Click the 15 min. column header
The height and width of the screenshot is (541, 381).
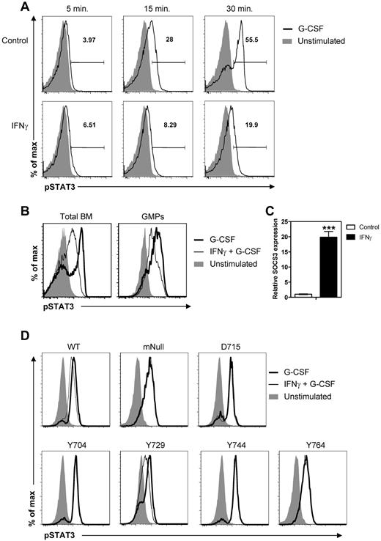pyautogui.click(x=153, y=11)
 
